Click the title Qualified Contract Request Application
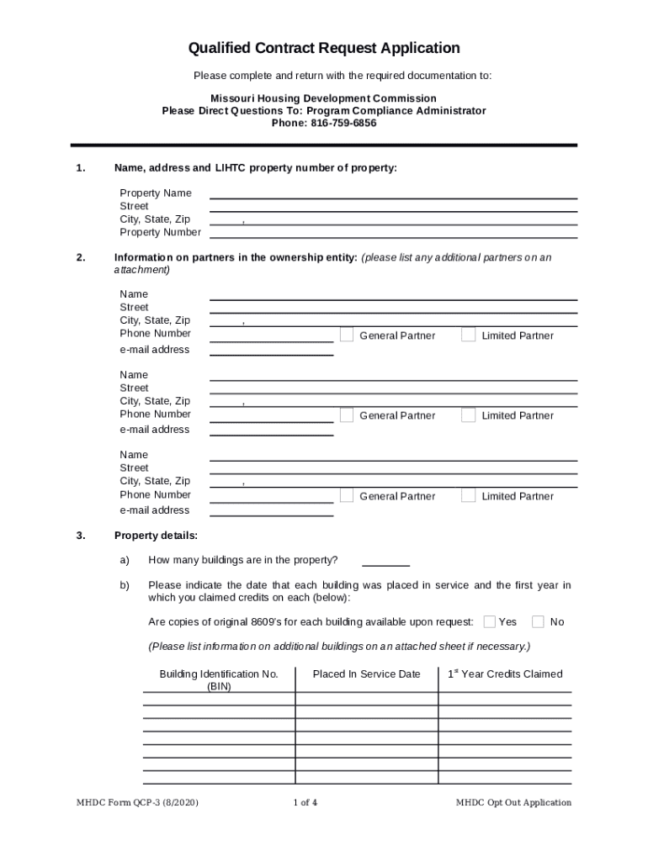click(324, 48)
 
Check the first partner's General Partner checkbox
click(347, 335)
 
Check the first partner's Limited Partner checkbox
click(469, 335)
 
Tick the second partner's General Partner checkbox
click(347, 415)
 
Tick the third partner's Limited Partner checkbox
click(469, 495)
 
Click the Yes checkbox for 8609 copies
click(489, 621)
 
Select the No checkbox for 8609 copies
click(539, 621)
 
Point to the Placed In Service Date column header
click(366, 674)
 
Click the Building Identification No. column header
click(219, 679)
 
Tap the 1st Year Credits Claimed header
click(505, 674)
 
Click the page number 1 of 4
click(305, 802)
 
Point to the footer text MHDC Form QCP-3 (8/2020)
click(137, 802)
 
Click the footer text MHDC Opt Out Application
click(513, 802)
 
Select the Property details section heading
click(156, 536)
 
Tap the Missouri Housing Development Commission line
click(324, 98)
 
